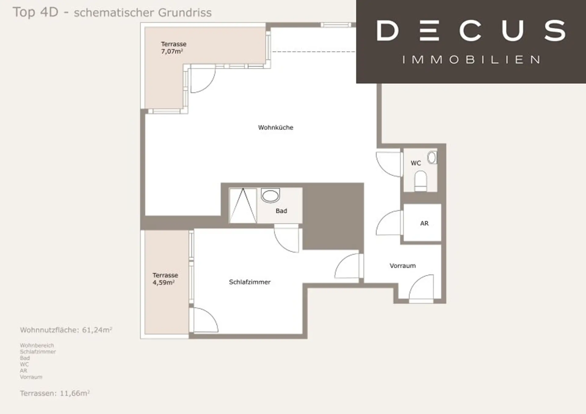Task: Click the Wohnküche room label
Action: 276,127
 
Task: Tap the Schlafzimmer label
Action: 250,282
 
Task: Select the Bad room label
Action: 281,211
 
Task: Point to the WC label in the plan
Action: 416,163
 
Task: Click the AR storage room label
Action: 424,223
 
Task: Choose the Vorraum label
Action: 403,266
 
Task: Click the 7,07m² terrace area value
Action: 172,51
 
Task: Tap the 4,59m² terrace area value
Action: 163,282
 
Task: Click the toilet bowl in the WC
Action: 421,181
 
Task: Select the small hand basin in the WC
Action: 432,157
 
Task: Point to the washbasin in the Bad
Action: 270,196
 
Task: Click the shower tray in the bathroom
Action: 243,206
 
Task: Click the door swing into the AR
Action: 388,223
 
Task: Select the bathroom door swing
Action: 286,239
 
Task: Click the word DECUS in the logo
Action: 471,30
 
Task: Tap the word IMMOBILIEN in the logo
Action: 471,59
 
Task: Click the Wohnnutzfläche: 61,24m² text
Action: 66,330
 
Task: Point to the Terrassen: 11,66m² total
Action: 55,393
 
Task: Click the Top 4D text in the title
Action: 35,12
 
